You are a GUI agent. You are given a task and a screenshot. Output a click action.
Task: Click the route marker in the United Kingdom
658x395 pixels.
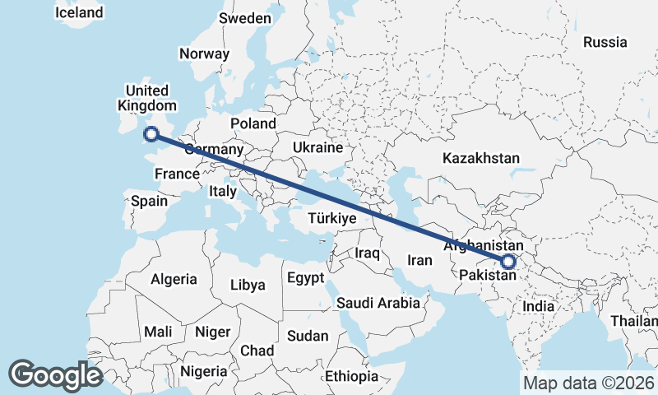pyautogui.click(x=151, y=134)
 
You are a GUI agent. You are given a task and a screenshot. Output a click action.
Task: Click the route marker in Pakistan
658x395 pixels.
pyautogui.click(x=508, y=262)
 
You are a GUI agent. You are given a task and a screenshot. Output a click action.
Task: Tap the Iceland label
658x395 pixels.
pyautogui.click(x=79, y=12)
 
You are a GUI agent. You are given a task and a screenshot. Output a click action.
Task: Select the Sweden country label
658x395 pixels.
pyautogui.click(x=245, y=18)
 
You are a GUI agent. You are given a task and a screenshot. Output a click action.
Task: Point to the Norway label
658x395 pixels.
pyautogui.click(x=204, y=53)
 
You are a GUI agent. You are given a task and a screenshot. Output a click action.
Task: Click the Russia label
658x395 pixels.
pyautogui.click(x=605, y=42)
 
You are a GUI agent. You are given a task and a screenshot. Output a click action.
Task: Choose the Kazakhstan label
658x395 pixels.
pyautogui.click(x=481, y=157)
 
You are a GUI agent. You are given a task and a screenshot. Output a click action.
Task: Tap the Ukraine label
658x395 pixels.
pyautogui.click(x=317, y=148)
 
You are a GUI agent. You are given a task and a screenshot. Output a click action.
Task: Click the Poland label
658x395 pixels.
pyautogui.click(x=253, y=123)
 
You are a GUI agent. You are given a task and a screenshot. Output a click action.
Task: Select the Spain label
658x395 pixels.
pyautogui.click(x=149, y=201)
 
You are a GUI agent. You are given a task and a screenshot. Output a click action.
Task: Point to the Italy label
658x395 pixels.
pyautogui.click(x=223, y=191)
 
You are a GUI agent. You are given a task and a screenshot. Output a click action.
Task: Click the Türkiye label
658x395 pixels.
pyautogui.click(x=331, y=219)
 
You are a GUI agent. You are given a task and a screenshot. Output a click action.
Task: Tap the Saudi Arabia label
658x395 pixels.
pyautogui.click(x=378, y=303)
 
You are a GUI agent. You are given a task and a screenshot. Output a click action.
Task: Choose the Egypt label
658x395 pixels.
pyautogui.click(x=305, y=278)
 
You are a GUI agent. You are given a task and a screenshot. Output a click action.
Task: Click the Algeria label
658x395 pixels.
pyautogui.click(x=174, y=279)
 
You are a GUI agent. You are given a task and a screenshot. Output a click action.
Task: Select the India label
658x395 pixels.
pyautogui.click(x=539, y=306)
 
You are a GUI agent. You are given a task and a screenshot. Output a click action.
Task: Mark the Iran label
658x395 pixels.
pyautogui.click(x=419, y=260)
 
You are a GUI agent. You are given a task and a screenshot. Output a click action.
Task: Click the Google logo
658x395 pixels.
pyautogui.click(x=56, y=374)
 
